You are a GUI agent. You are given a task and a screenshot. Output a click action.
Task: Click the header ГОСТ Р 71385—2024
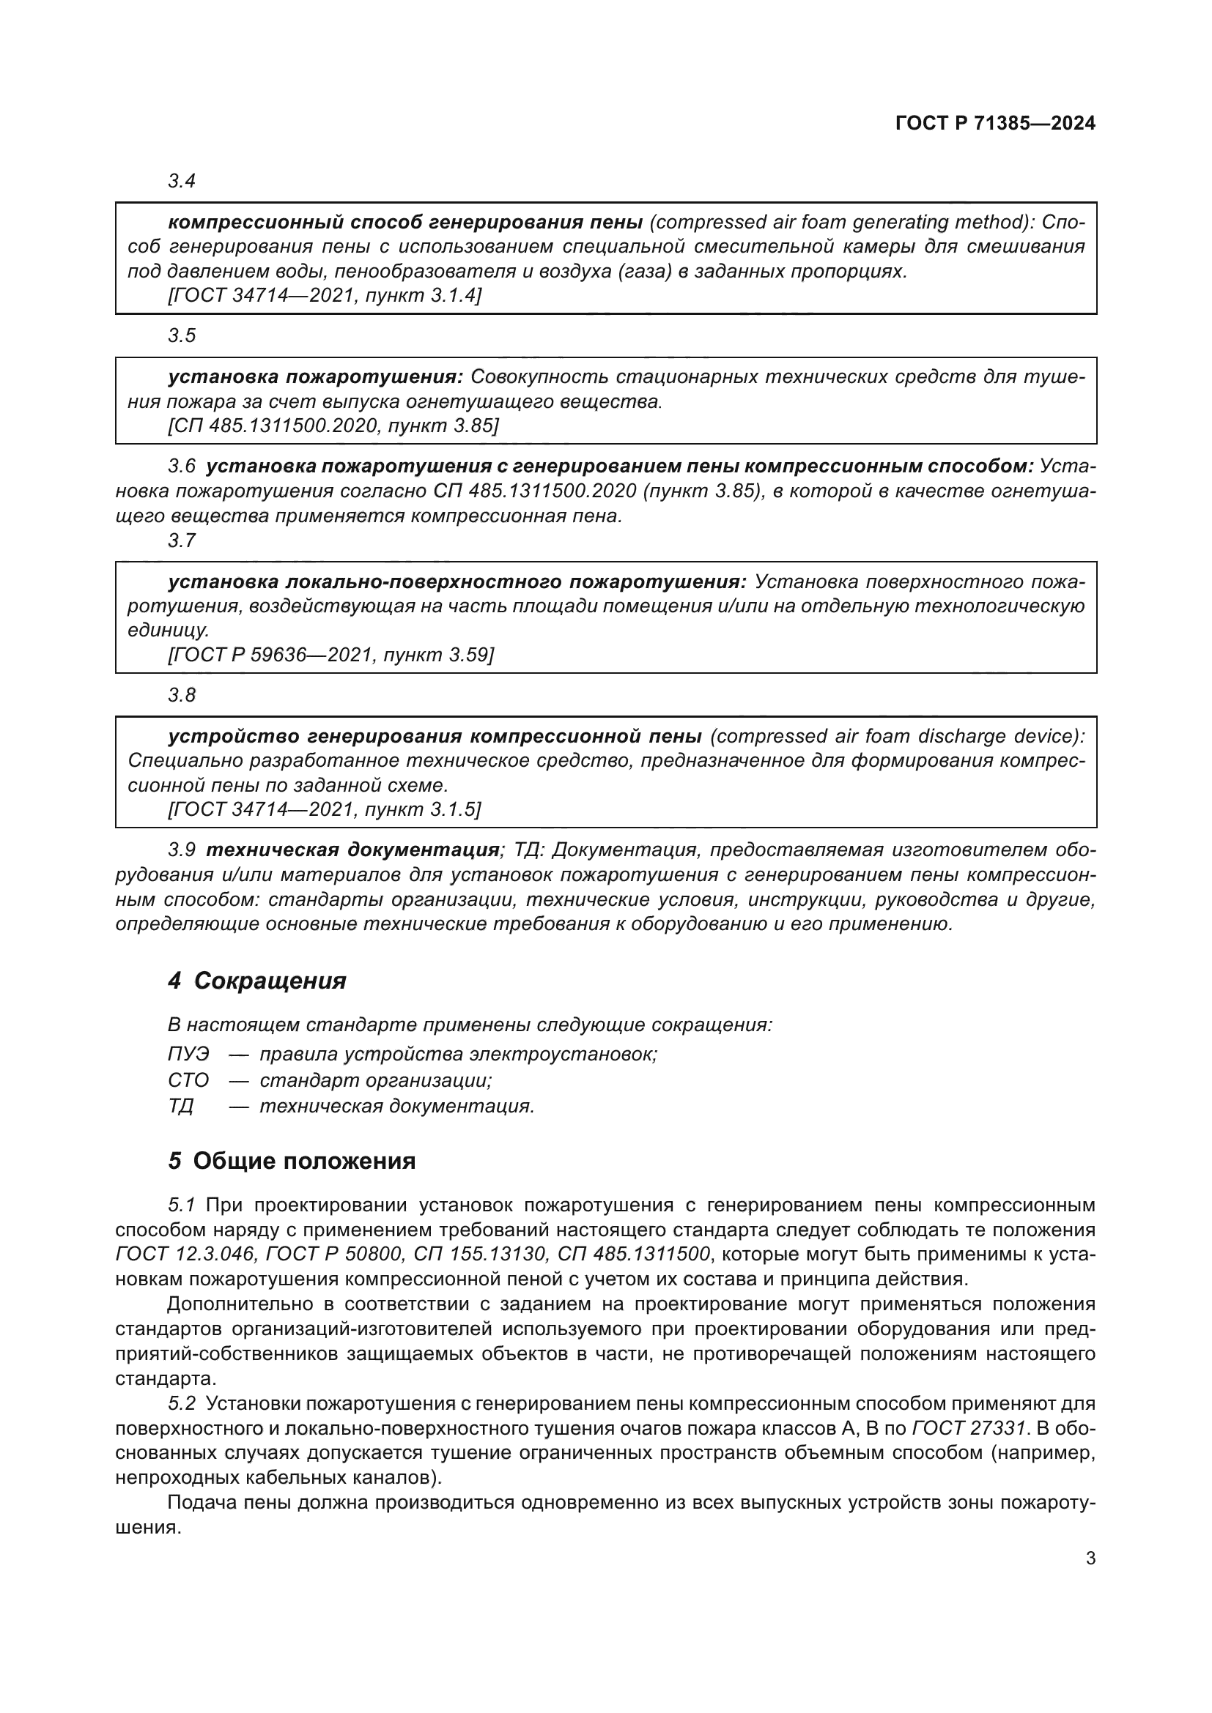(x=995, y=124)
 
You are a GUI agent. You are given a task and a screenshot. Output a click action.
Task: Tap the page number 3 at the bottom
(x=1090, y=1558)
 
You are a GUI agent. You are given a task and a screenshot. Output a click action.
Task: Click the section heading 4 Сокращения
(x=257, y=981)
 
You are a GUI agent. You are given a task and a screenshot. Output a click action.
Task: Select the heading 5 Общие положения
(x=292, y=1161)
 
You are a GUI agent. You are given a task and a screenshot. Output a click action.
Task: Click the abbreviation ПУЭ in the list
(x=189, y=1054)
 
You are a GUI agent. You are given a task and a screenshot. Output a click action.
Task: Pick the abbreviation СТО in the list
(x=189, y=1080)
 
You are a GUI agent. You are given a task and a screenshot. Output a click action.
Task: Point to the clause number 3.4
(x=181, y=181)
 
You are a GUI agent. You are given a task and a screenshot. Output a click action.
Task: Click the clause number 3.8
(x=181, y=694)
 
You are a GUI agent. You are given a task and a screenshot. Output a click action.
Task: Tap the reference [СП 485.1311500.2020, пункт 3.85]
(x=333, y=426)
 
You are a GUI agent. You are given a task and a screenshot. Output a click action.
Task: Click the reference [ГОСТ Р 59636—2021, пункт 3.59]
(x=330, y=654)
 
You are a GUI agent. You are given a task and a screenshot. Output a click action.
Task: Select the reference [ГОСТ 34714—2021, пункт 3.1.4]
(x=325, y=295)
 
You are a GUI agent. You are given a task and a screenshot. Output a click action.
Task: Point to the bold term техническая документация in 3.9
(x=352, y=850)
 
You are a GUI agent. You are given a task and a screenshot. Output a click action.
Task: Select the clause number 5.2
(x=181, y=1403)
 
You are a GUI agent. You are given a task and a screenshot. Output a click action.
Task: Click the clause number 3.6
(x=181, y=467)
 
